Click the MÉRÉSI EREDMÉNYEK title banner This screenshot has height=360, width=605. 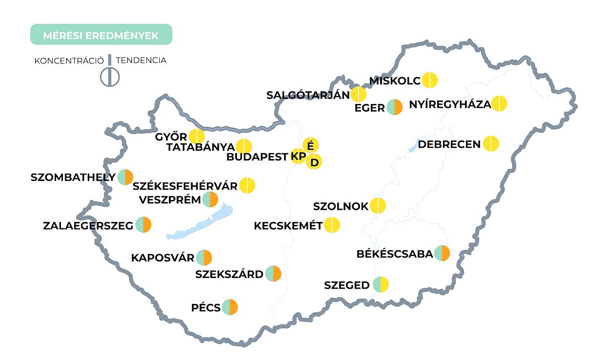pos(101,35)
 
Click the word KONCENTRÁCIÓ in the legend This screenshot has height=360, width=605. pos(69,61)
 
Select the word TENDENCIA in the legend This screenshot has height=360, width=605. pos(141,60)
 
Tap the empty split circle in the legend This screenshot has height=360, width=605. pos(110,77)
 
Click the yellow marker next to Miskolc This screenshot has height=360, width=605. pos(429,80)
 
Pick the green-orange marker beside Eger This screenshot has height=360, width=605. pos(394,107)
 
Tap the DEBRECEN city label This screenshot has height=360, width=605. pos(449,145)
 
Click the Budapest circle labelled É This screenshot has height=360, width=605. pos(311,145)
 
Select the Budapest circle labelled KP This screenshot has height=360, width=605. pos(298,156)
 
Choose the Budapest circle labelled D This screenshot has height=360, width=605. pos(314,162)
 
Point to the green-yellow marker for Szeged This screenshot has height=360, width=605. pos(381,284)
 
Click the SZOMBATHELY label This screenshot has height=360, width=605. pos(73,177)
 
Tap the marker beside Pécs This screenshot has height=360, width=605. pos(229,307)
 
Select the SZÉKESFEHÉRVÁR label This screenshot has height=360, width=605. pos(185,186)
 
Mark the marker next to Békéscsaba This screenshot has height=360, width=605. pos(442,253)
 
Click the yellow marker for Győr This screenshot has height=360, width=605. pos(197,137)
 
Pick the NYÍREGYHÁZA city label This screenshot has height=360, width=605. pos(450,104)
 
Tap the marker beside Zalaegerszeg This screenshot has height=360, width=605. pos(143,225)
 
